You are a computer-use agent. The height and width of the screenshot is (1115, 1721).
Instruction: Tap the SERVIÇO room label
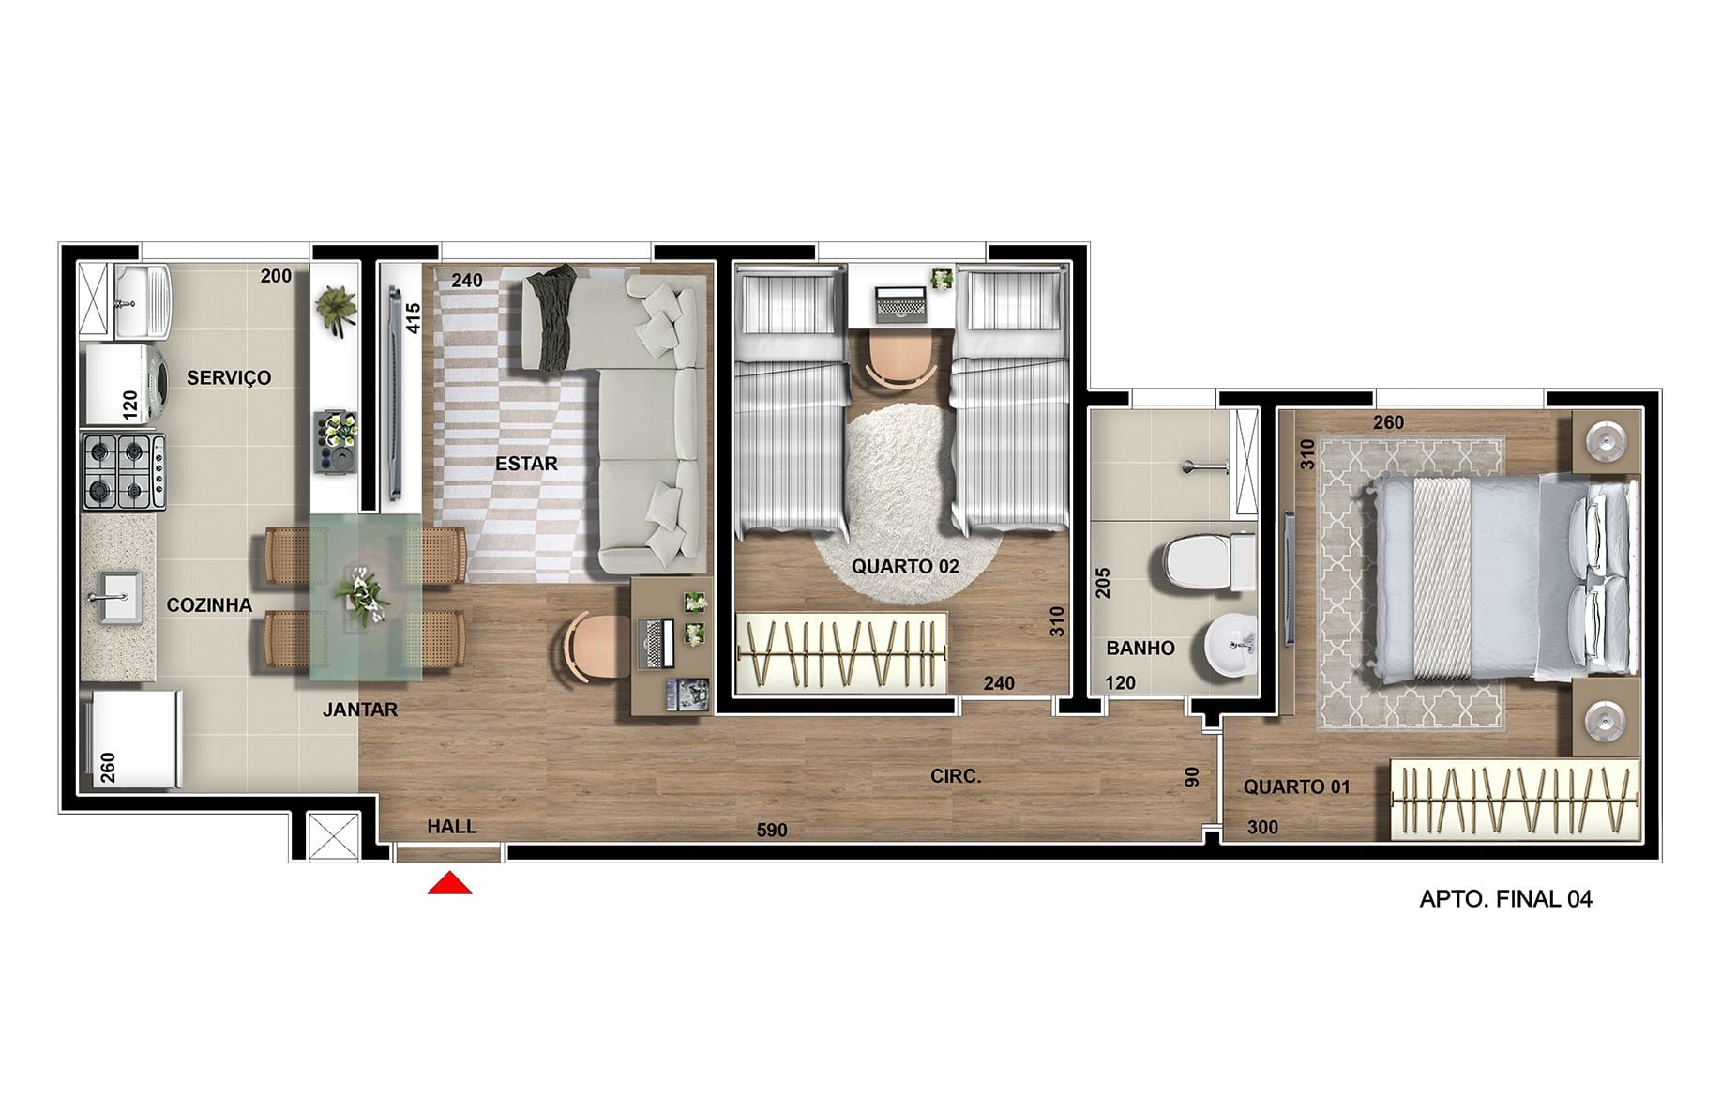(x=229, y=377)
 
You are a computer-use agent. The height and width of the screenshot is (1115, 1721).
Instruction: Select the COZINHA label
(x=209, y=605)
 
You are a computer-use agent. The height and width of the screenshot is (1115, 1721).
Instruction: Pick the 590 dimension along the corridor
(x=772, y=830)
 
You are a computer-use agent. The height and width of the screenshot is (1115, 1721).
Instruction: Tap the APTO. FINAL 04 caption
(x=1505, y=899)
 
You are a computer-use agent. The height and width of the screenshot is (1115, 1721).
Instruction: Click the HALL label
(x=452, y=827)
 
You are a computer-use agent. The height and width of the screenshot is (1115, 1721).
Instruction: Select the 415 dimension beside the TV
(x=414, y=318)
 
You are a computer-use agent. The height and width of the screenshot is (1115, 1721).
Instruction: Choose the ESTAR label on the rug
(x=526, y=464)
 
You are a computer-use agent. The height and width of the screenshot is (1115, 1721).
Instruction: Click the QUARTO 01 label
(x=1297, y=787)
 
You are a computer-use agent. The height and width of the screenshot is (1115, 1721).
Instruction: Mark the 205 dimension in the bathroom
(x=1103, y=584)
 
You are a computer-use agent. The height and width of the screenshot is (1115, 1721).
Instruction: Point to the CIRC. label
(x=956, y=776)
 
